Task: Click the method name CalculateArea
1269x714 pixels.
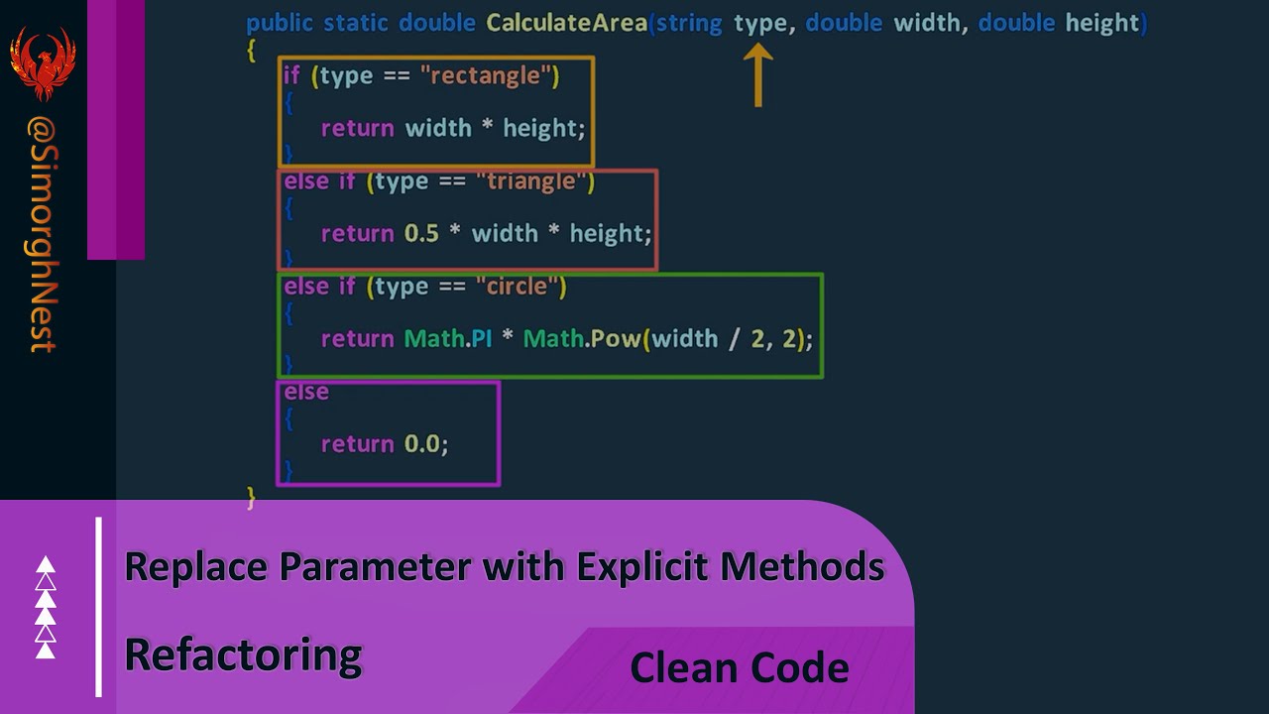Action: (x=566, y=23)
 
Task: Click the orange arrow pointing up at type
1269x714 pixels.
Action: (x=757, y=76)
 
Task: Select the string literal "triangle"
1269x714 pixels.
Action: (x=531, y=181)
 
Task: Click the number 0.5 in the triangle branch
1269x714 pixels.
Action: (x=421, y=234)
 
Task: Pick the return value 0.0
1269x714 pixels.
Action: (x=425, y=444)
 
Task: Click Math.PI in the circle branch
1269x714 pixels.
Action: (x=448, y=339)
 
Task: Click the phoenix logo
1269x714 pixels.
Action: (x=43, y=62)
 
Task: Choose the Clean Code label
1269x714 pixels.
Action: (x=739, y=667)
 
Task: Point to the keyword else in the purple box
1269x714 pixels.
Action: (x=306, y=393)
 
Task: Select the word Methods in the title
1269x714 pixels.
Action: (x=802, y=567)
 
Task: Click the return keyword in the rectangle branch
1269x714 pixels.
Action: (x=357, y=129)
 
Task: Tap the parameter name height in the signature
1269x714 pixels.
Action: (x=1102, y=23)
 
